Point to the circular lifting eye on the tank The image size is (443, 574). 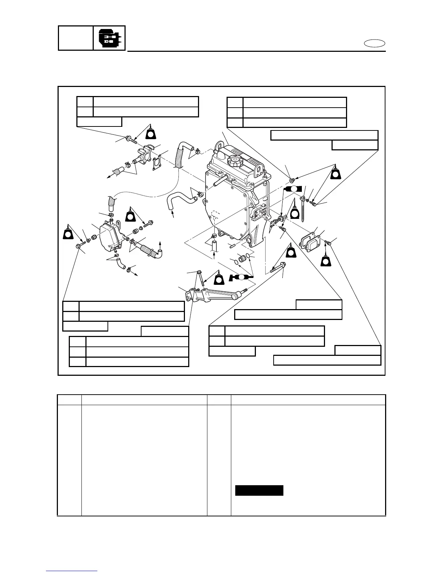(x=219, y=145)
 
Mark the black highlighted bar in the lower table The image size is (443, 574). (x=259, y=490)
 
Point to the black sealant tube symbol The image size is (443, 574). (x=293, y=189)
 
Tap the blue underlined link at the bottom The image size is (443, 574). (x=72, y=570)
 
